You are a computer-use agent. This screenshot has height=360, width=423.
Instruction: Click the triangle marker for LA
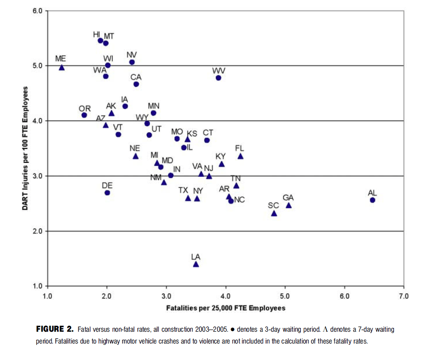196,264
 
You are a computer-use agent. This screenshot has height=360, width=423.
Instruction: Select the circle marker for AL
372,200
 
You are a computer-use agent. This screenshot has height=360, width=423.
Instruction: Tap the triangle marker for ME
62,68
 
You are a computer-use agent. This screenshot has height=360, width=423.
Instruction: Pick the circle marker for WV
218,78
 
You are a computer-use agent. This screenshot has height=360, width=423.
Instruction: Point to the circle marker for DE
107,193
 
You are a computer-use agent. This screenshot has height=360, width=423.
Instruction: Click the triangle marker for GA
288,206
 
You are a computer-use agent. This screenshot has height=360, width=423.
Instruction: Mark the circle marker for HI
100,41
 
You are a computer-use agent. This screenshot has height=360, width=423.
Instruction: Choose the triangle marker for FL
240,156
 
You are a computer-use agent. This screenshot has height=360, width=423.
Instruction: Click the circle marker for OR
84,115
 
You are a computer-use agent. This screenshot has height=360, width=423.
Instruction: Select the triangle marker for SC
274,214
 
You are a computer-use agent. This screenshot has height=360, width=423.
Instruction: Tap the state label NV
132,55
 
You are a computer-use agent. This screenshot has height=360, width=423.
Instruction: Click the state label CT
208,133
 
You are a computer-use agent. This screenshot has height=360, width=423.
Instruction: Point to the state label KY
221,157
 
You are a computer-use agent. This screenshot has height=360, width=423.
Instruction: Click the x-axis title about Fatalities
226,308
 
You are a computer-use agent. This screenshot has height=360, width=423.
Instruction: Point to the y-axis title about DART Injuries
26,148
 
